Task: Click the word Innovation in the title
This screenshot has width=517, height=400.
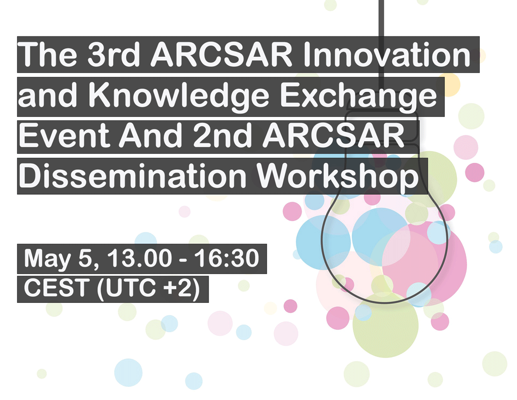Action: [x=386, y=55]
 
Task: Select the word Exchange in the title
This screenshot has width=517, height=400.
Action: [x=358, y=96]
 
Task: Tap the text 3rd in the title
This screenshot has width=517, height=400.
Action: [x=114, y=55]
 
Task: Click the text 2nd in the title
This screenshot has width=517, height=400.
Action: [x=222, y=135]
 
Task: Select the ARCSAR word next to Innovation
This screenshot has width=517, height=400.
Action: [x=221, y=55]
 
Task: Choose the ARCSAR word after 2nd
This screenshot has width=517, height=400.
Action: [x=333, y=135]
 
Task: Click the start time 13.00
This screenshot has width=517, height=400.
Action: [x=139, y=258]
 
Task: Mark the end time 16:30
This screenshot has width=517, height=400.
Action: [x=227, y=258]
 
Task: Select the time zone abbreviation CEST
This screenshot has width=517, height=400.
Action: [x=57, y=288]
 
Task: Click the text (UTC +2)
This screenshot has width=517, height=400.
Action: [x=148, y=289]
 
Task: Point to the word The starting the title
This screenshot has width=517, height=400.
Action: [x=47, y=55]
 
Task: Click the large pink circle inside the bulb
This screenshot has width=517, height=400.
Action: [x=424, y=263]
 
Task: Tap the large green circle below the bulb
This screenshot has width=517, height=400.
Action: [x=385, y=325]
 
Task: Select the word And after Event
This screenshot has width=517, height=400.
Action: [x=150, y=135]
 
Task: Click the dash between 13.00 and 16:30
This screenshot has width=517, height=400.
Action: [x=183, y=259]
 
